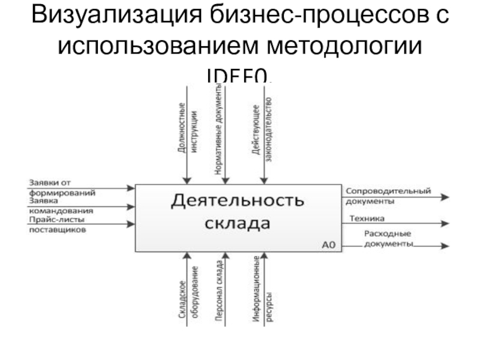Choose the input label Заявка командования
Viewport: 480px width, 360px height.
(60, 206)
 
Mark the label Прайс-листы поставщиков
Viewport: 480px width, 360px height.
(57, 224)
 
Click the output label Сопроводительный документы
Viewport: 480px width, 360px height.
(388, 196)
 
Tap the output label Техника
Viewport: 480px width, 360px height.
(367, 219)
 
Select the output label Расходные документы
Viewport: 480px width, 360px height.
(389, 239)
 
